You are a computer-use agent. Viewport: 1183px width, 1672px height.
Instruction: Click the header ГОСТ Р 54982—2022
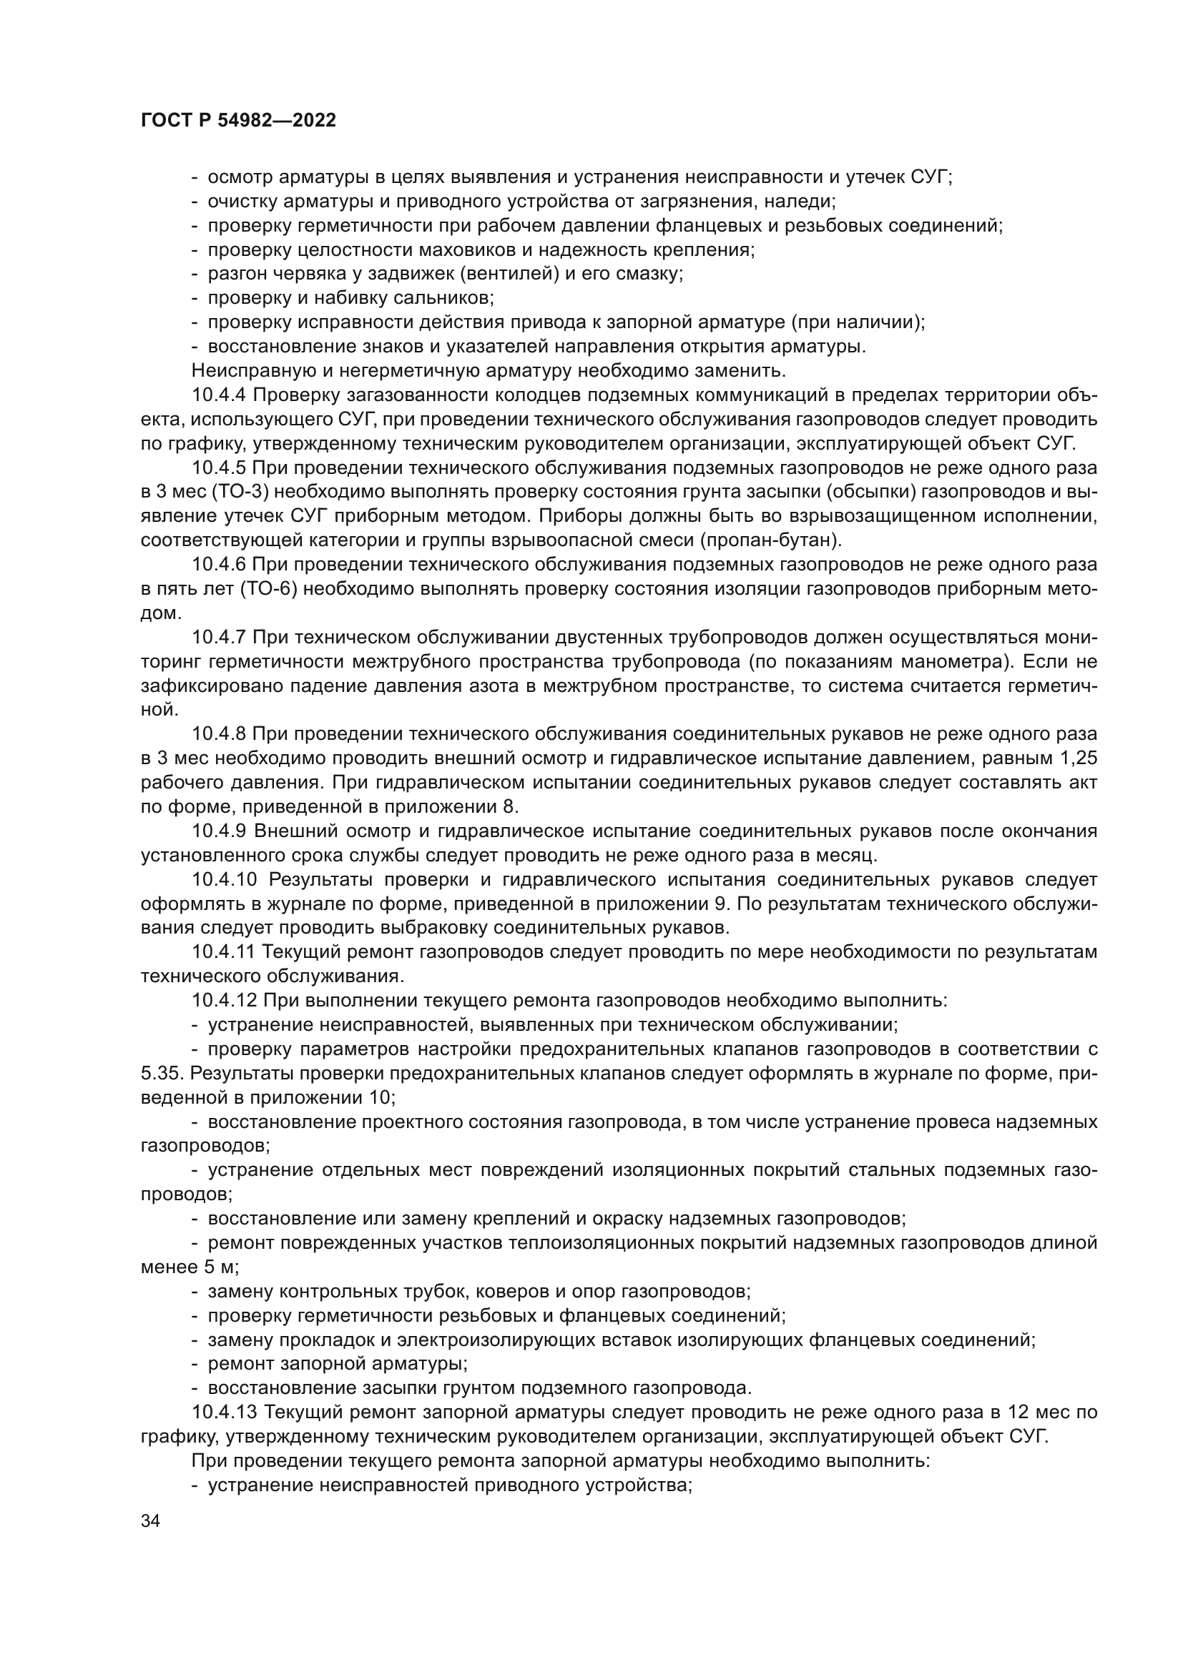238,121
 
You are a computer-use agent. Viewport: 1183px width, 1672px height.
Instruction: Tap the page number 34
150,1521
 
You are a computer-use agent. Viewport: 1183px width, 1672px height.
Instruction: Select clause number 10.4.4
220,395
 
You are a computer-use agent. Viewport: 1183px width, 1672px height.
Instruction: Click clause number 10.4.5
220,468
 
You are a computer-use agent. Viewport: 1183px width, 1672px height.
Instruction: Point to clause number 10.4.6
220,565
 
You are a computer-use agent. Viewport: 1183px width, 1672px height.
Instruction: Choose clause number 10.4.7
220,637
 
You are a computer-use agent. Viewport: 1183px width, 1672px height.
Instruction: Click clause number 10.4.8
220,734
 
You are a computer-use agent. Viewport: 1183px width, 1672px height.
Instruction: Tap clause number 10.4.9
220,831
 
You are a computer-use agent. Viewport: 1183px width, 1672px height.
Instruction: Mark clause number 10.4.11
224,951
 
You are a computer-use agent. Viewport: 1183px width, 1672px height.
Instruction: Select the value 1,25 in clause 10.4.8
1076,759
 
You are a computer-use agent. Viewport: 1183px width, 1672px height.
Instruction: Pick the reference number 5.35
162,1074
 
